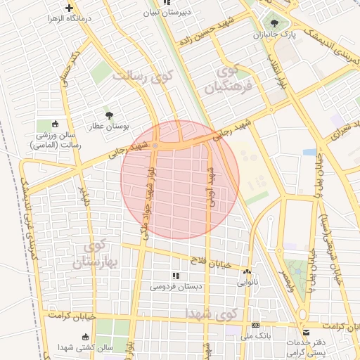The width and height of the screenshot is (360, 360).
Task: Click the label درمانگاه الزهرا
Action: coord(68,19)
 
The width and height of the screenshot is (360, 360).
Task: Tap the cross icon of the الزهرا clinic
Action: coord(68,8)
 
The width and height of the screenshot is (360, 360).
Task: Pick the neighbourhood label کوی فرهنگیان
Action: coord(229,79)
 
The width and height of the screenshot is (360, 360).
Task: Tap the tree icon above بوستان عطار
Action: coord(108,115)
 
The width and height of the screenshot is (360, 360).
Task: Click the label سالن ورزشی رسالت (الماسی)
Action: coord(56,140)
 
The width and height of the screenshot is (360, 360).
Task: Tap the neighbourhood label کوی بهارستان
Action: coord(91,255)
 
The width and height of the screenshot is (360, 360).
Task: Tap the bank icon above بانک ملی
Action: coord(255,326)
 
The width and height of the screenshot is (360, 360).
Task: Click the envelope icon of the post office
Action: coord(305,333)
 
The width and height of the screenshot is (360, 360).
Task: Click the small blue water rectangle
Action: coord(309,151)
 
